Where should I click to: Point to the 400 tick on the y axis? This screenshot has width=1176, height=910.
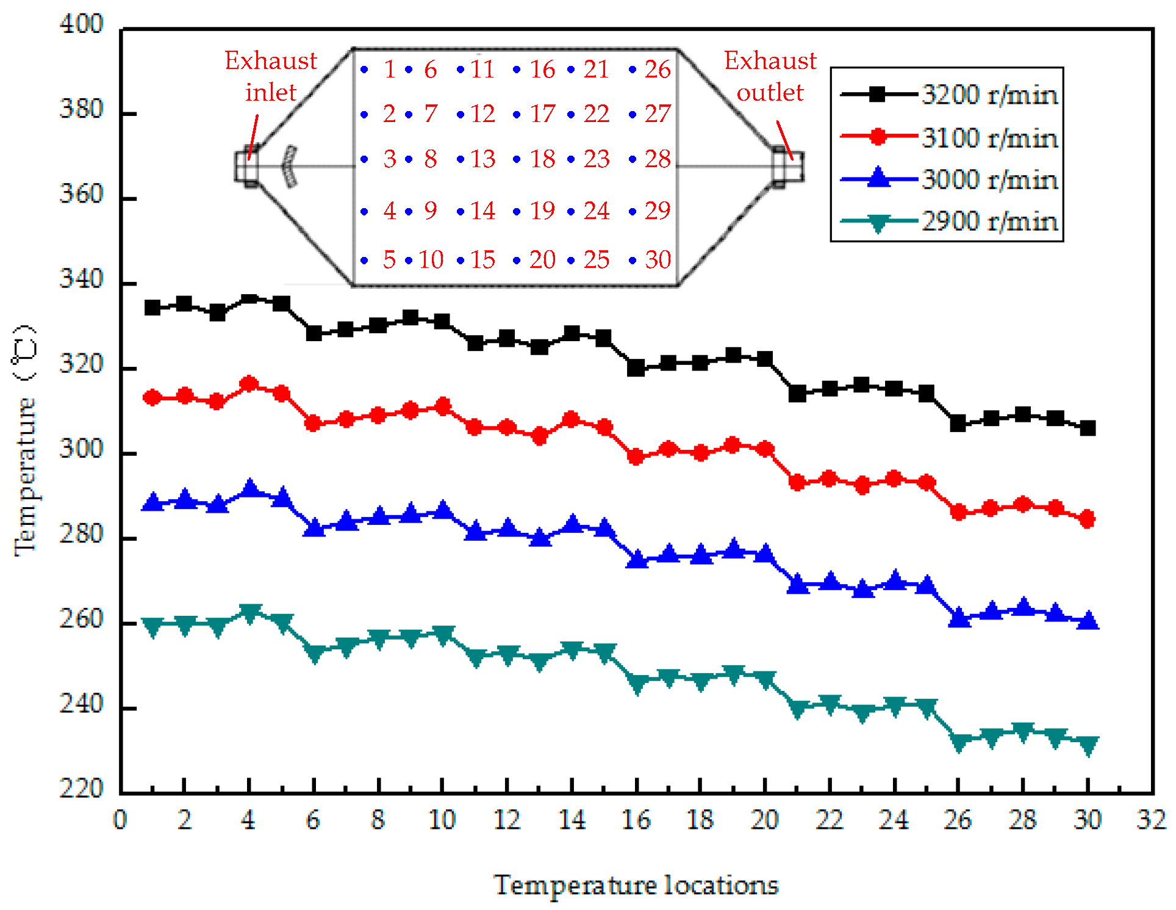point(82,24)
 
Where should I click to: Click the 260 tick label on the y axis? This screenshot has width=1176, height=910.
point(82,619)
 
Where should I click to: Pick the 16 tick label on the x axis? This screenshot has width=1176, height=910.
point(636,820)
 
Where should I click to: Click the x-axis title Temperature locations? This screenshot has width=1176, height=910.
point(636,885)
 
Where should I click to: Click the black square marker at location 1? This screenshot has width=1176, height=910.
point(152,308)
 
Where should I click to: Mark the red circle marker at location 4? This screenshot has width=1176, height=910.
point(249,384)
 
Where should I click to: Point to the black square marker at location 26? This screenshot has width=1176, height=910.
point(958,423)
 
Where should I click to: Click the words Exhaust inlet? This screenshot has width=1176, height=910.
point(271,76)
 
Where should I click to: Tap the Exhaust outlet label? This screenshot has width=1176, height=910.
point(770,76)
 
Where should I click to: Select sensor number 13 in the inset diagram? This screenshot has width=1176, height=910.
point(482,159)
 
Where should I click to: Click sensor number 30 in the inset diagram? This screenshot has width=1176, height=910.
point(658,260)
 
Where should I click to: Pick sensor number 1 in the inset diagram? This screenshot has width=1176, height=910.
point(389,70)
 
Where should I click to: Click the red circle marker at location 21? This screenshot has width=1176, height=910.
point(797,482)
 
